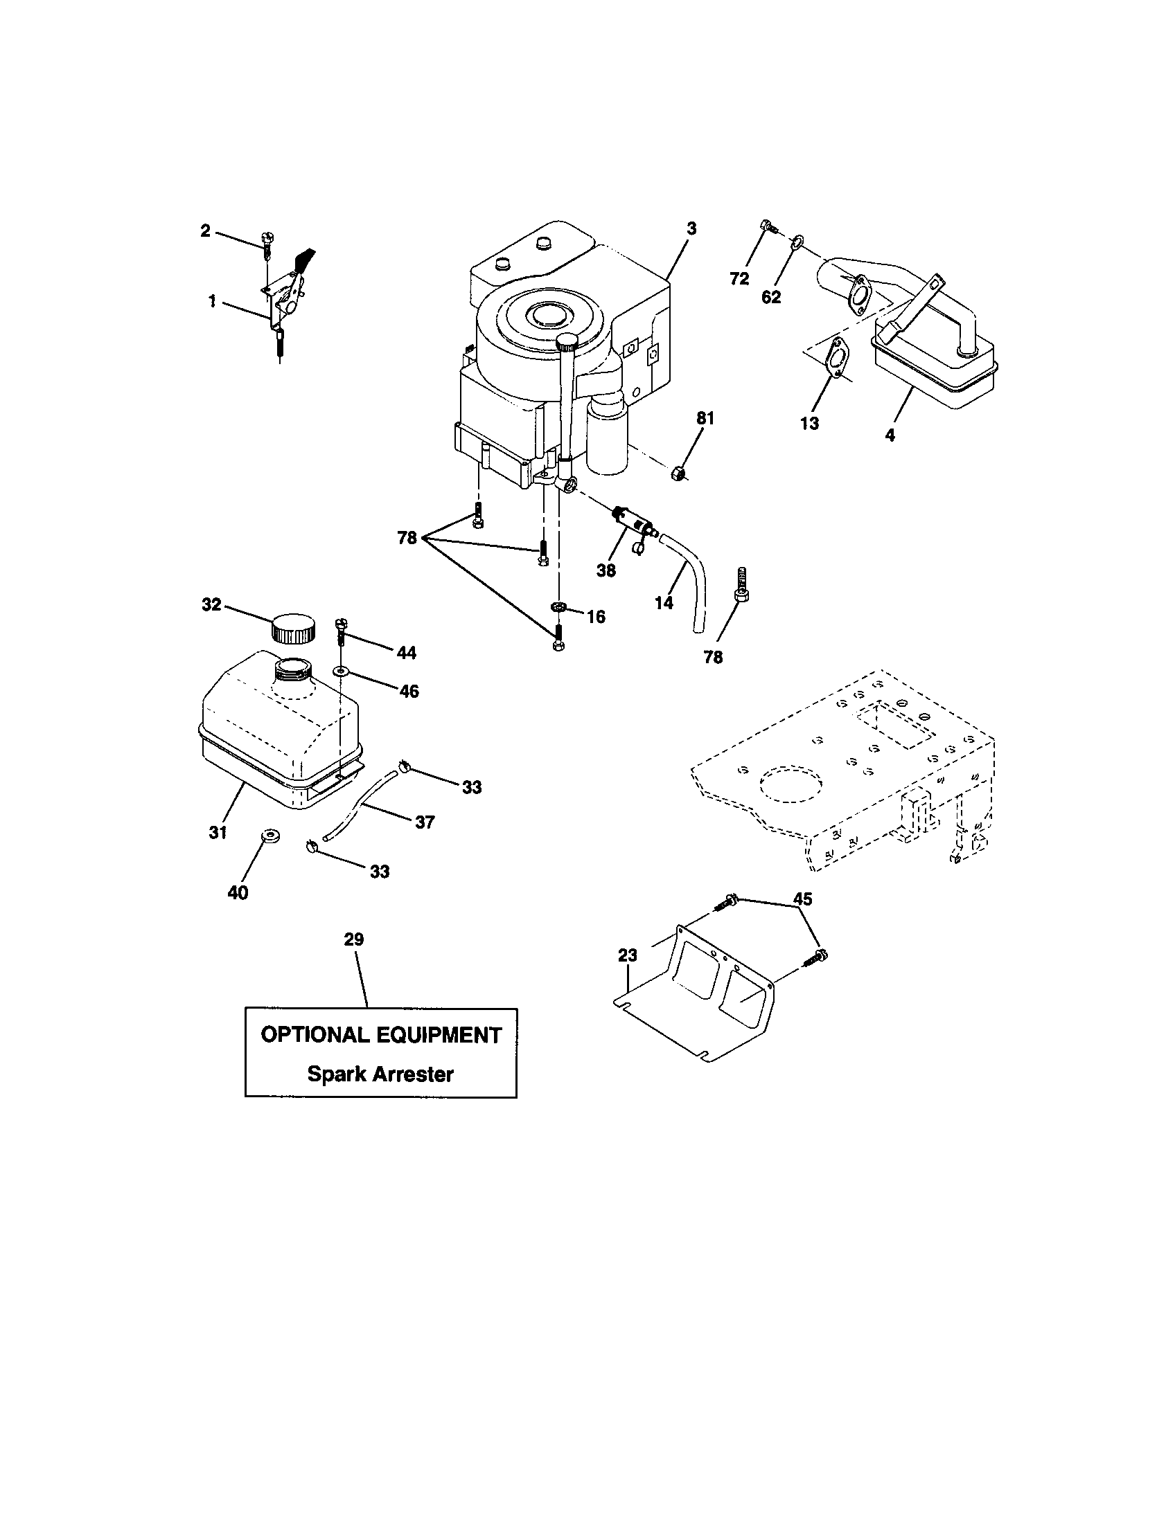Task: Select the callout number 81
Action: tap(705, 418)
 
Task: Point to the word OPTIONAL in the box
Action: tap(315, 1035)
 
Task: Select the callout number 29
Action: tap(354, 939)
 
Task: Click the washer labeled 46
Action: tap(341, 671)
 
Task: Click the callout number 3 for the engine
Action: tap(691, 228)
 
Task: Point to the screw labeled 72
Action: tap(767, 226)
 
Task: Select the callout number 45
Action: tap(803, 899)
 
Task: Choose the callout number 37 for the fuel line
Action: tap(424, 822)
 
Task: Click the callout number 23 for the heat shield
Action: tap(627, 955)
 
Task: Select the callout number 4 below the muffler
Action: tap(890, 436)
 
